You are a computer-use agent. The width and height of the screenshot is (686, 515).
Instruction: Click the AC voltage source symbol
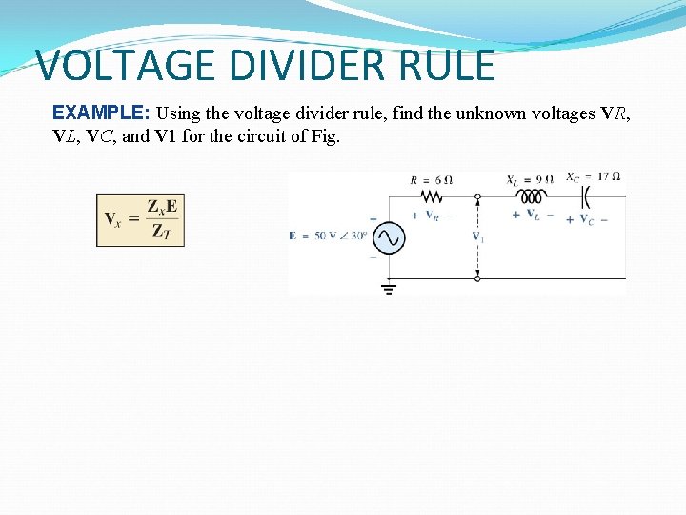pyautogui.click(x=388, y=238)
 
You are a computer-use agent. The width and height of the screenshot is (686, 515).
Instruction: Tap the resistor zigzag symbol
pyautogui.click(x=432, y=196)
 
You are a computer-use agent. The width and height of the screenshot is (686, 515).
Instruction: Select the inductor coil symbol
pyautogui.click(x=530, y=196)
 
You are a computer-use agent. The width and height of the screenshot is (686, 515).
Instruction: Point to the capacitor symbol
pyautogui.click(x=587, y=196)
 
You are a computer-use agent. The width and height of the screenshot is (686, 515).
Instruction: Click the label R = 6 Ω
pyautogui.click(x=431, y=179)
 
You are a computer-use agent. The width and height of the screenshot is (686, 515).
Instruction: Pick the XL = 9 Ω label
pyautogui.click(x=531, y=179)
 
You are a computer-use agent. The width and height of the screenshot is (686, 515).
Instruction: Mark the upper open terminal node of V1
pyautogui.click(x=477, y=196)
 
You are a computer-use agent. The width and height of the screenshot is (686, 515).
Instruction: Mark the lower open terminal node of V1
pyautogui.click(x=477, y=278)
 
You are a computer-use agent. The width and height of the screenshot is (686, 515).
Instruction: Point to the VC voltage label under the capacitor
pyautogui.click(x=586, y=219)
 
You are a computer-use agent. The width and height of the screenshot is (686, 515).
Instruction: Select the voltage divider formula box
pyautogui.click(x=140, y=220)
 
